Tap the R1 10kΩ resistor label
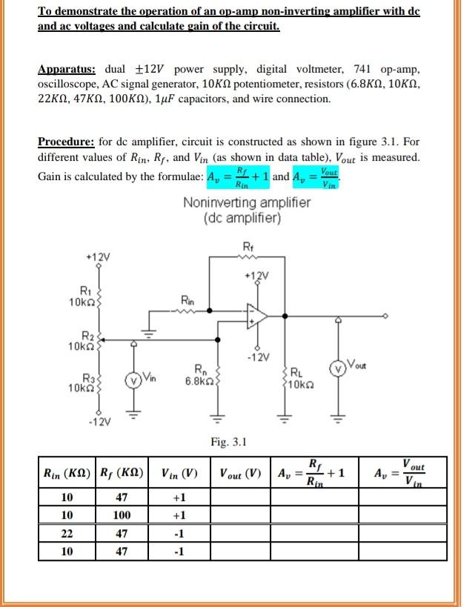(79, 297)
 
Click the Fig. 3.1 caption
(229, 442)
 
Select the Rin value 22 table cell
(67, 533)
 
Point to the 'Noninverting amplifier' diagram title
(236, 204)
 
